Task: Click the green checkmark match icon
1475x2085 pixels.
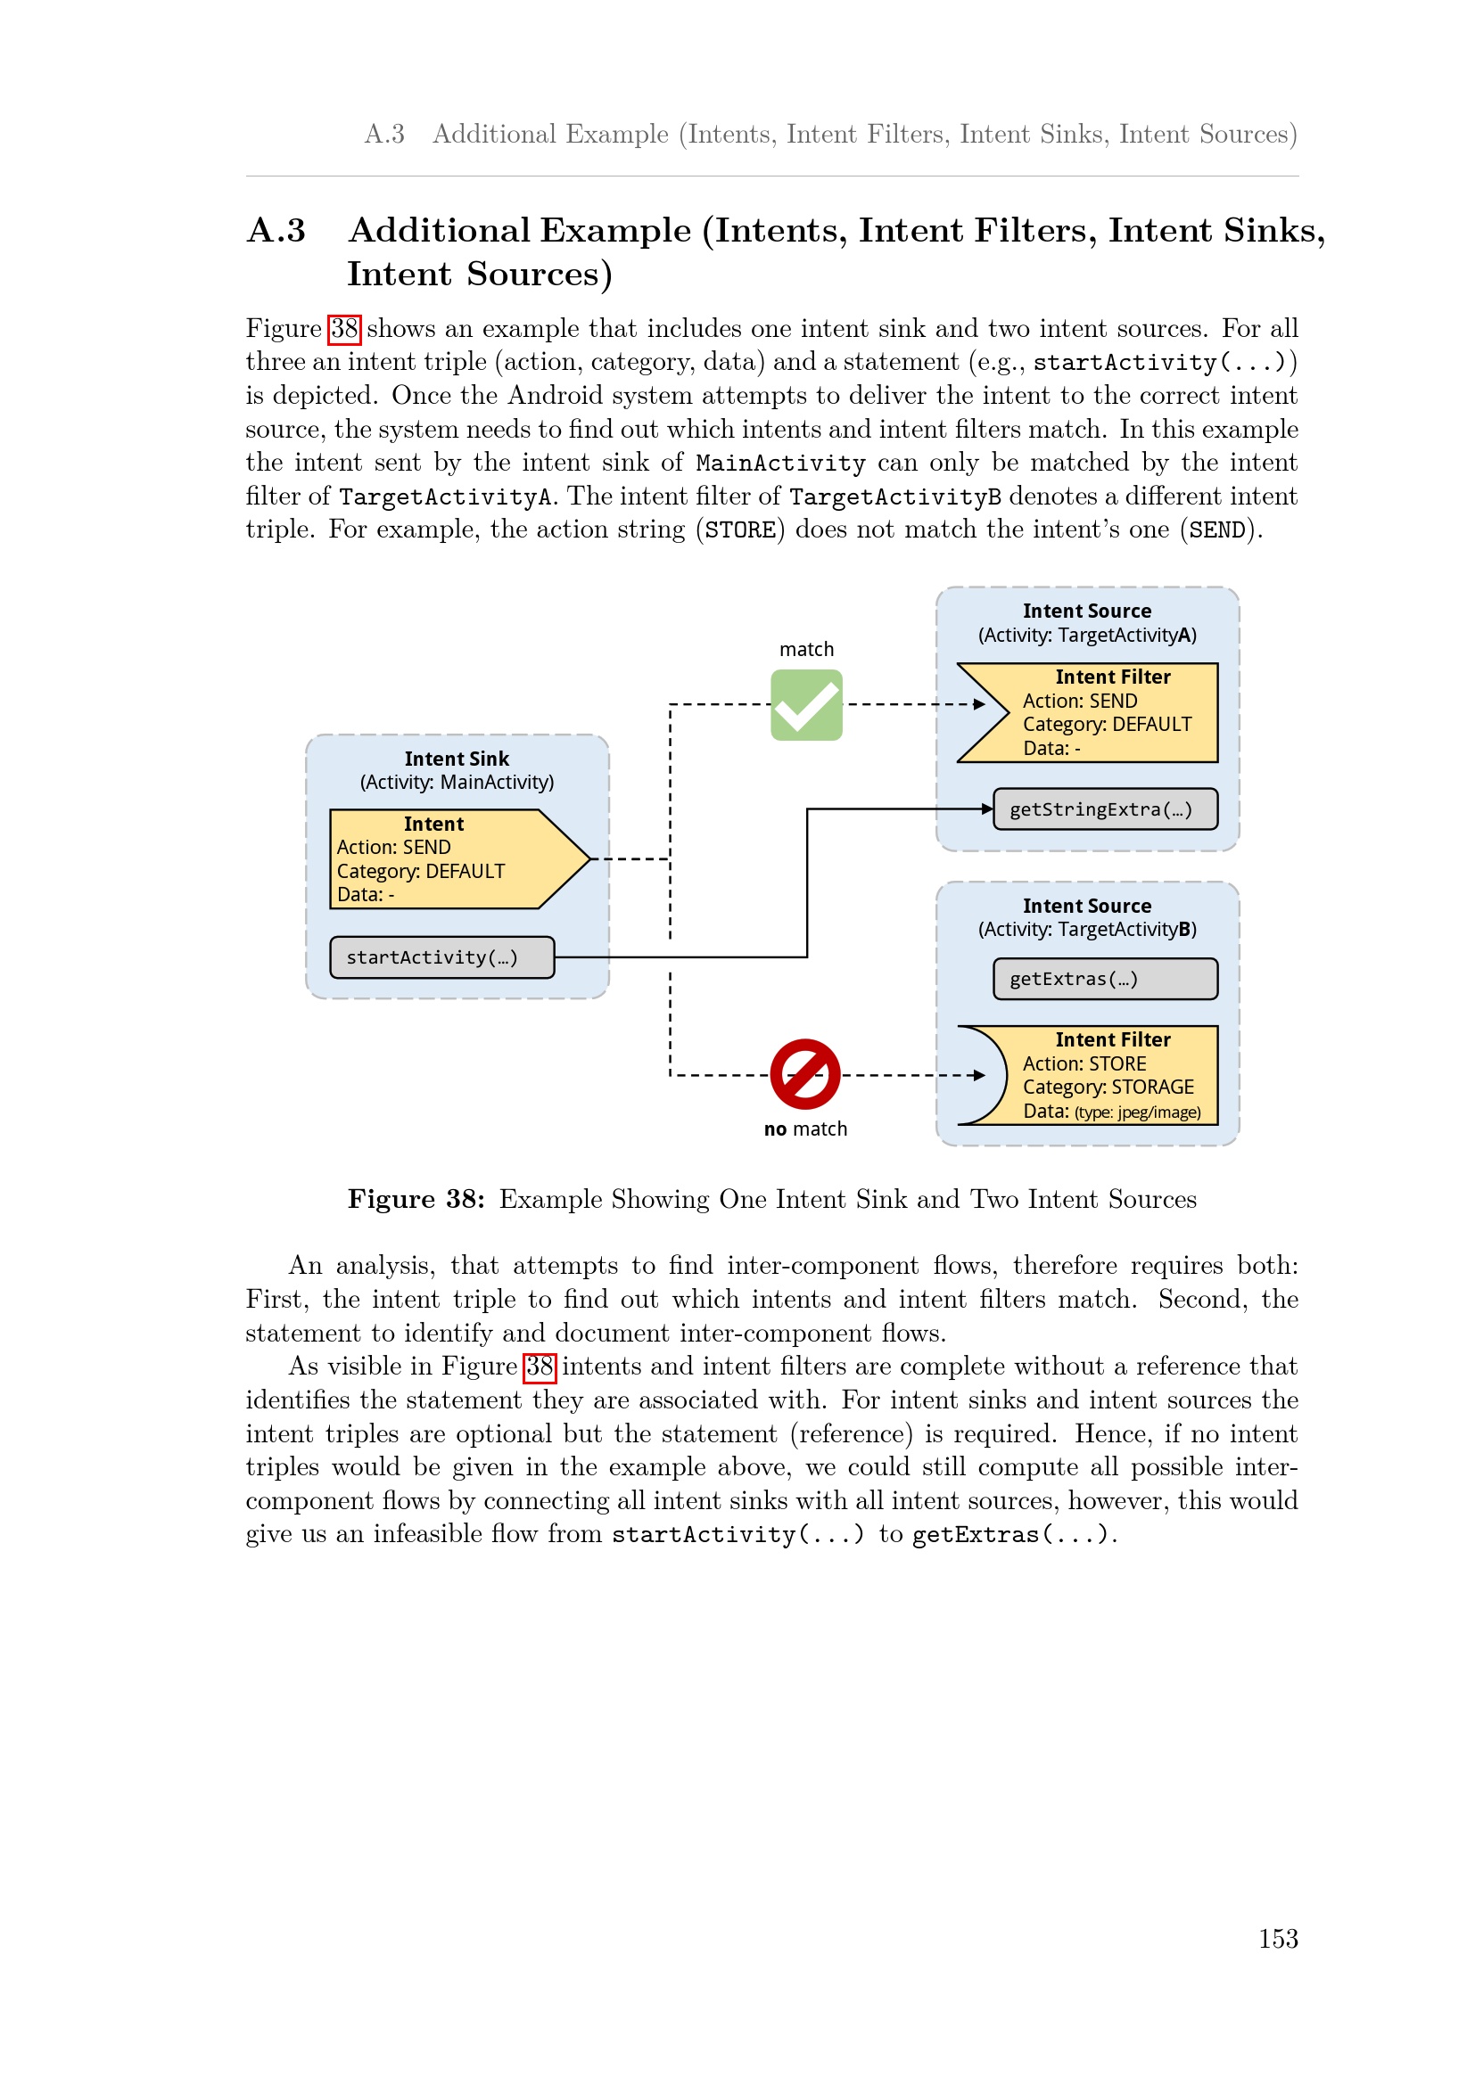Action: coord(805,705)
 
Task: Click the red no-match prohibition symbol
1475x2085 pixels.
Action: coord(804,1074)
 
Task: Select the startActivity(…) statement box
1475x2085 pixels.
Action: coord(441,957)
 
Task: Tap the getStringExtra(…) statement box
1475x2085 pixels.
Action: coord(1104,809)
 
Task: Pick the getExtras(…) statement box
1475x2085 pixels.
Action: coord(1104,979)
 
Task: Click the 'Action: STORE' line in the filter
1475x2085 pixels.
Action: coord(1084,1063)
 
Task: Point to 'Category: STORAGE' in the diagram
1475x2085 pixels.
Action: coord(1108,1087)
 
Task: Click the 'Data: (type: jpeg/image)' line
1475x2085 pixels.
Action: coord(1111,1112)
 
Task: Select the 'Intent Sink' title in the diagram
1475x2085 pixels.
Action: coord(456,759)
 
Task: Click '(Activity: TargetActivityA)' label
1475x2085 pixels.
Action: coord(1086,635)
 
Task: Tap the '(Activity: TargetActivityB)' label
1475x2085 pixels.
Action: coord(1086,929)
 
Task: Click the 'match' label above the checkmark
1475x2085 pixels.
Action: coord(805,649)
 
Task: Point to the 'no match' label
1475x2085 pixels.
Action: coord(804,1129)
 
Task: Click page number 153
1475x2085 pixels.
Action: coord(1277,1939)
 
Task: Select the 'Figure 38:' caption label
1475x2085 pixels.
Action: coord(416,1199)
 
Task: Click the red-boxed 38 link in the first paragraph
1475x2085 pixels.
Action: coord(344,329)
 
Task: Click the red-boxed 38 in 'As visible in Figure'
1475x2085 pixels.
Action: coord(540,1367)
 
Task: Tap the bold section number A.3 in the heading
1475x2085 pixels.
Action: coord(276,231)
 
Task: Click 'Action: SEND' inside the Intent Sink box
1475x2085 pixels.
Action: coord(393,847)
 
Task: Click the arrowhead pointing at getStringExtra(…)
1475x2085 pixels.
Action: coord(987,809)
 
